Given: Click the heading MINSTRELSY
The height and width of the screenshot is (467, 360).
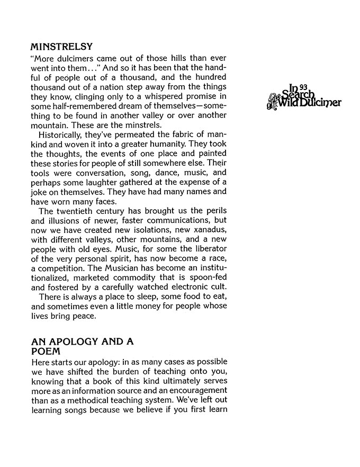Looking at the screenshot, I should [62, 46].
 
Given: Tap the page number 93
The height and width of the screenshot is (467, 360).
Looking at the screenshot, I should [303, 86].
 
